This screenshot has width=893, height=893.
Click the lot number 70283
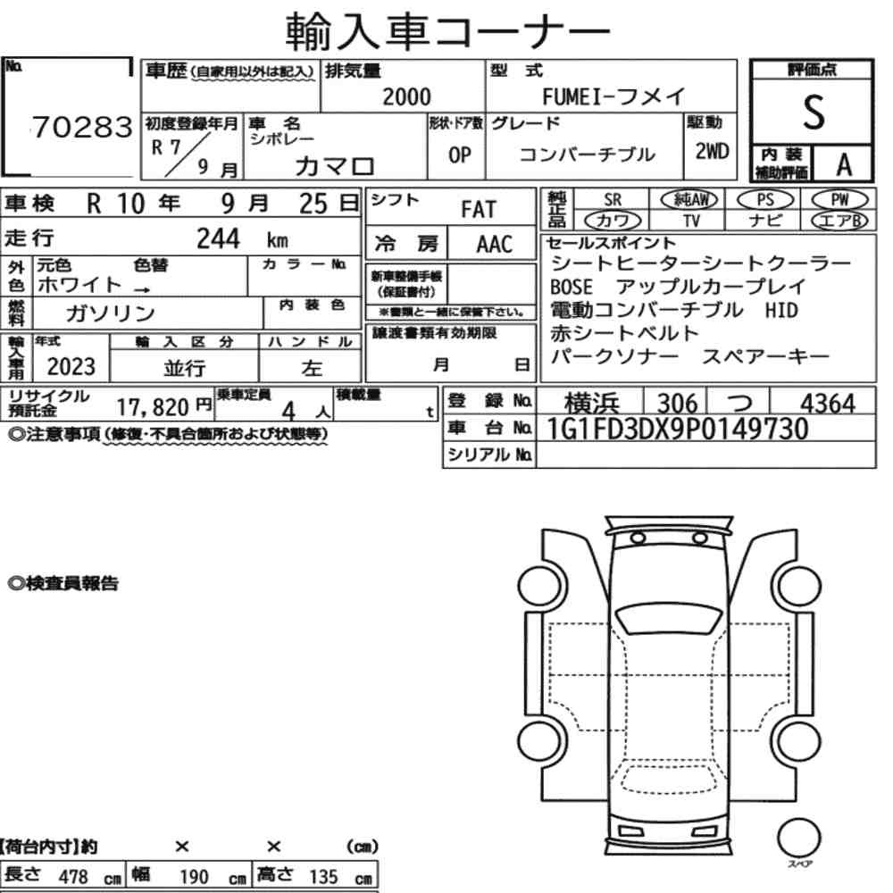click(x=82, y=127)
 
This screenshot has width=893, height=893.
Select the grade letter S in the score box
click(x=814, y=113)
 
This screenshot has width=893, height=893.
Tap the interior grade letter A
click(x=845, y=165)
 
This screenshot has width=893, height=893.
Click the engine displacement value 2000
click(x=406, y=96)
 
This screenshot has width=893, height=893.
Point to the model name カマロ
click(x=335, y=166)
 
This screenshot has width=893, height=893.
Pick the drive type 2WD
click(x=712, y=152)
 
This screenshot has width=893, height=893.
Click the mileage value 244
click(x=218, y=238)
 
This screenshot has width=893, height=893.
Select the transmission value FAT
click(x=479, y=210)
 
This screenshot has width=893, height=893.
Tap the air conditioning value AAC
click(x=495, y=245)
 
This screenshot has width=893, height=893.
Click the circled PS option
click(x=765, y=200)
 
